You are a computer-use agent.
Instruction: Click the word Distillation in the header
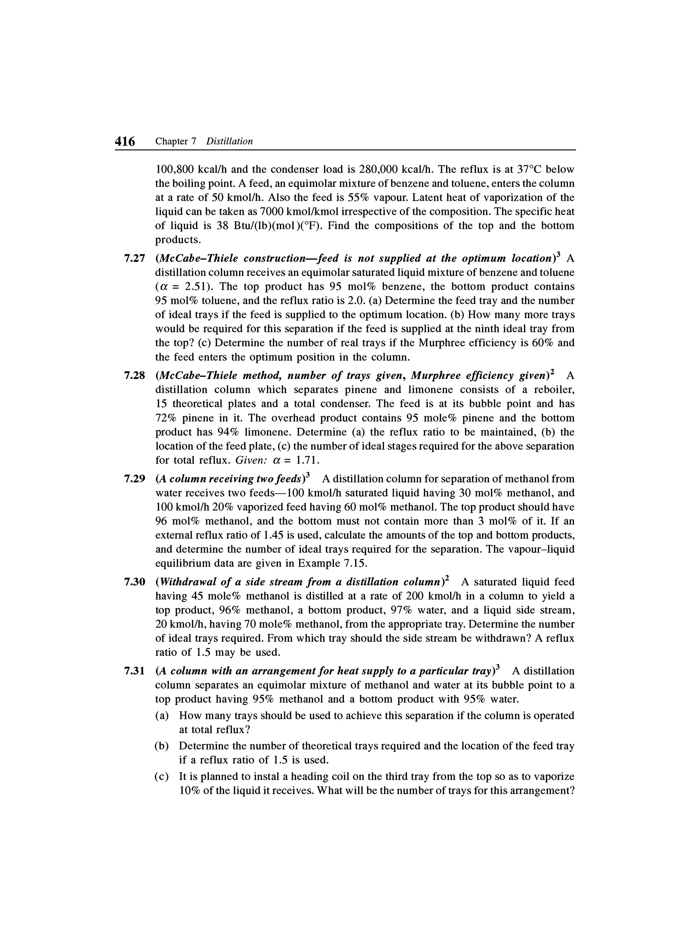(x=230, y=141)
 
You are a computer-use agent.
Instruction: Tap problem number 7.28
(x=134, y=376)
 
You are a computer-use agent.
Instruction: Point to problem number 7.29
(x=134, y=479)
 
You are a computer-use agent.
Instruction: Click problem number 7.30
(x=134, y=582)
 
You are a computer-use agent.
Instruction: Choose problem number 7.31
(x=134, y=671)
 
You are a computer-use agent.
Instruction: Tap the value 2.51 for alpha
(x=197, y=287)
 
